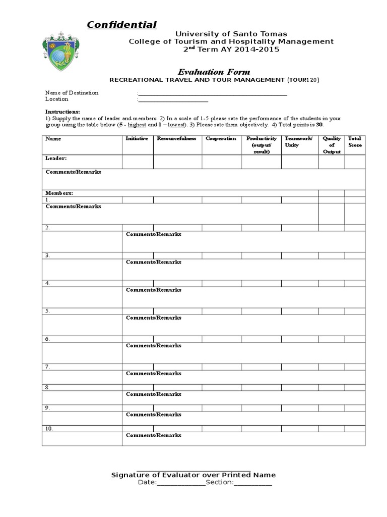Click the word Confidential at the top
[121, 25]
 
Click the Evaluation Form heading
[213, 72]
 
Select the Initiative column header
[137, 139]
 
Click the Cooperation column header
[221, 139]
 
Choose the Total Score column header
[355, 142]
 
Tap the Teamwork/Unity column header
[299, 142]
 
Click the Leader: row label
[56, 159]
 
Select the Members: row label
[59, 193]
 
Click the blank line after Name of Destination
[212, 93]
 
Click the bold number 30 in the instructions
[318, 124]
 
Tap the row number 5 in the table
[47, 311]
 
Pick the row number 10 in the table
[49, 429]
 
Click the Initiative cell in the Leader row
[138, 162]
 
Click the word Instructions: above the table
[62, 112]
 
